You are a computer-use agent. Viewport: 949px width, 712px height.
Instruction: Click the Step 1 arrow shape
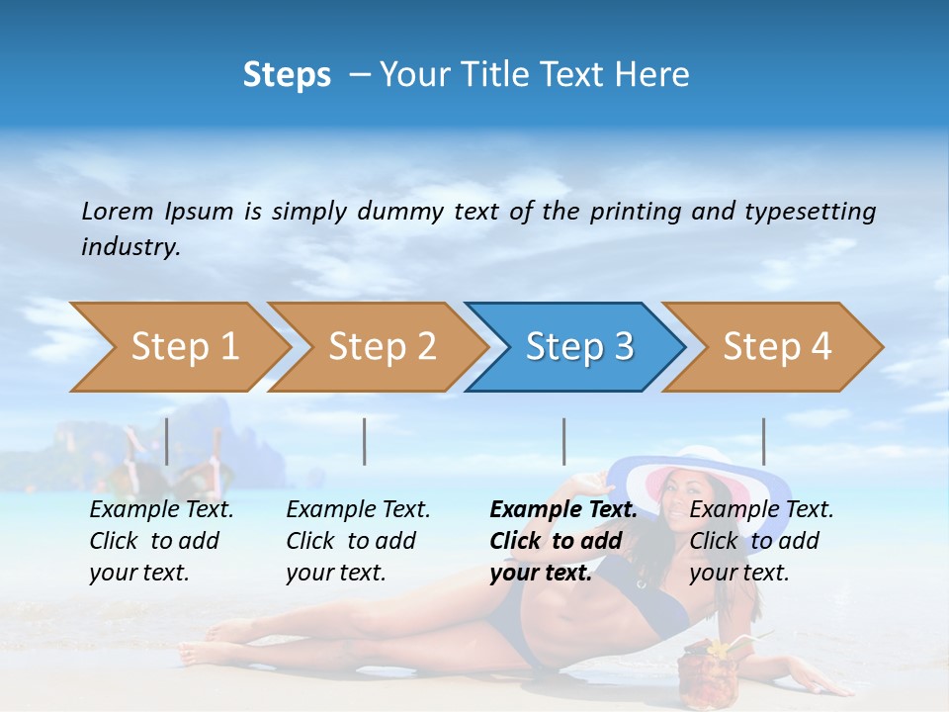[183, 347]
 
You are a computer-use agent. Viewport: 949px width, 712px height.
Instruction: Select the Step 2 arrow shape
[381, 347]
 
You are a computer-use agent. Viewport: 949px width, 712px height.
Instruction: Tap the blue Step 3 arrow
[578, 347]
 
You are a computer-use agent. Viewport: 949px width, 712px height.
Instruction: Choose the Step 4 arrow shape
[776, 347]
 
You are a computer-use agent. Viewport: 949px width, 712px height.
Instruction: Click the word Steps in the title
[287, 74]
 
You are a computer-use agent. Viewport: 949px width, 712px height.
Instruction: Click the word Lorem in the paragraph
[118, 211]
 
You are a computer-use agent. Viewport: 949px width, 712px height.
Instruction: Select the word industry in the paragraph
[130, 246]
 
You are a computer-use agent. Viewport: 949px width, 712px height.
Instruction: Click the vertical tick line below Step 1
[166, 441]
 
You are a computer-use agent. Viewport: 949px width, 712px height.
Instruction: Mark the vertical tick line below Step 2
[365, 441]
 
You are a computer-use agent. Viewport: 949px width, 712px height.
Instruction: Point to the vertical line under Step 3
[563, 441]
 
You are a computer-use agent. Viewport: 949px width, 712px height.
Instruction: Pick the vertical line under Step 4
[763, 441]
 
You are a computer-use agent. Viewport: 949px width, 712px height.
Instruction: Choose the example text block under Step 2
[358, 541]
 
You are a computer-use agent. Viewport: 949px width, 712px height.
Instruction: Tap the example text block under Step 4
[761, 541]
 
